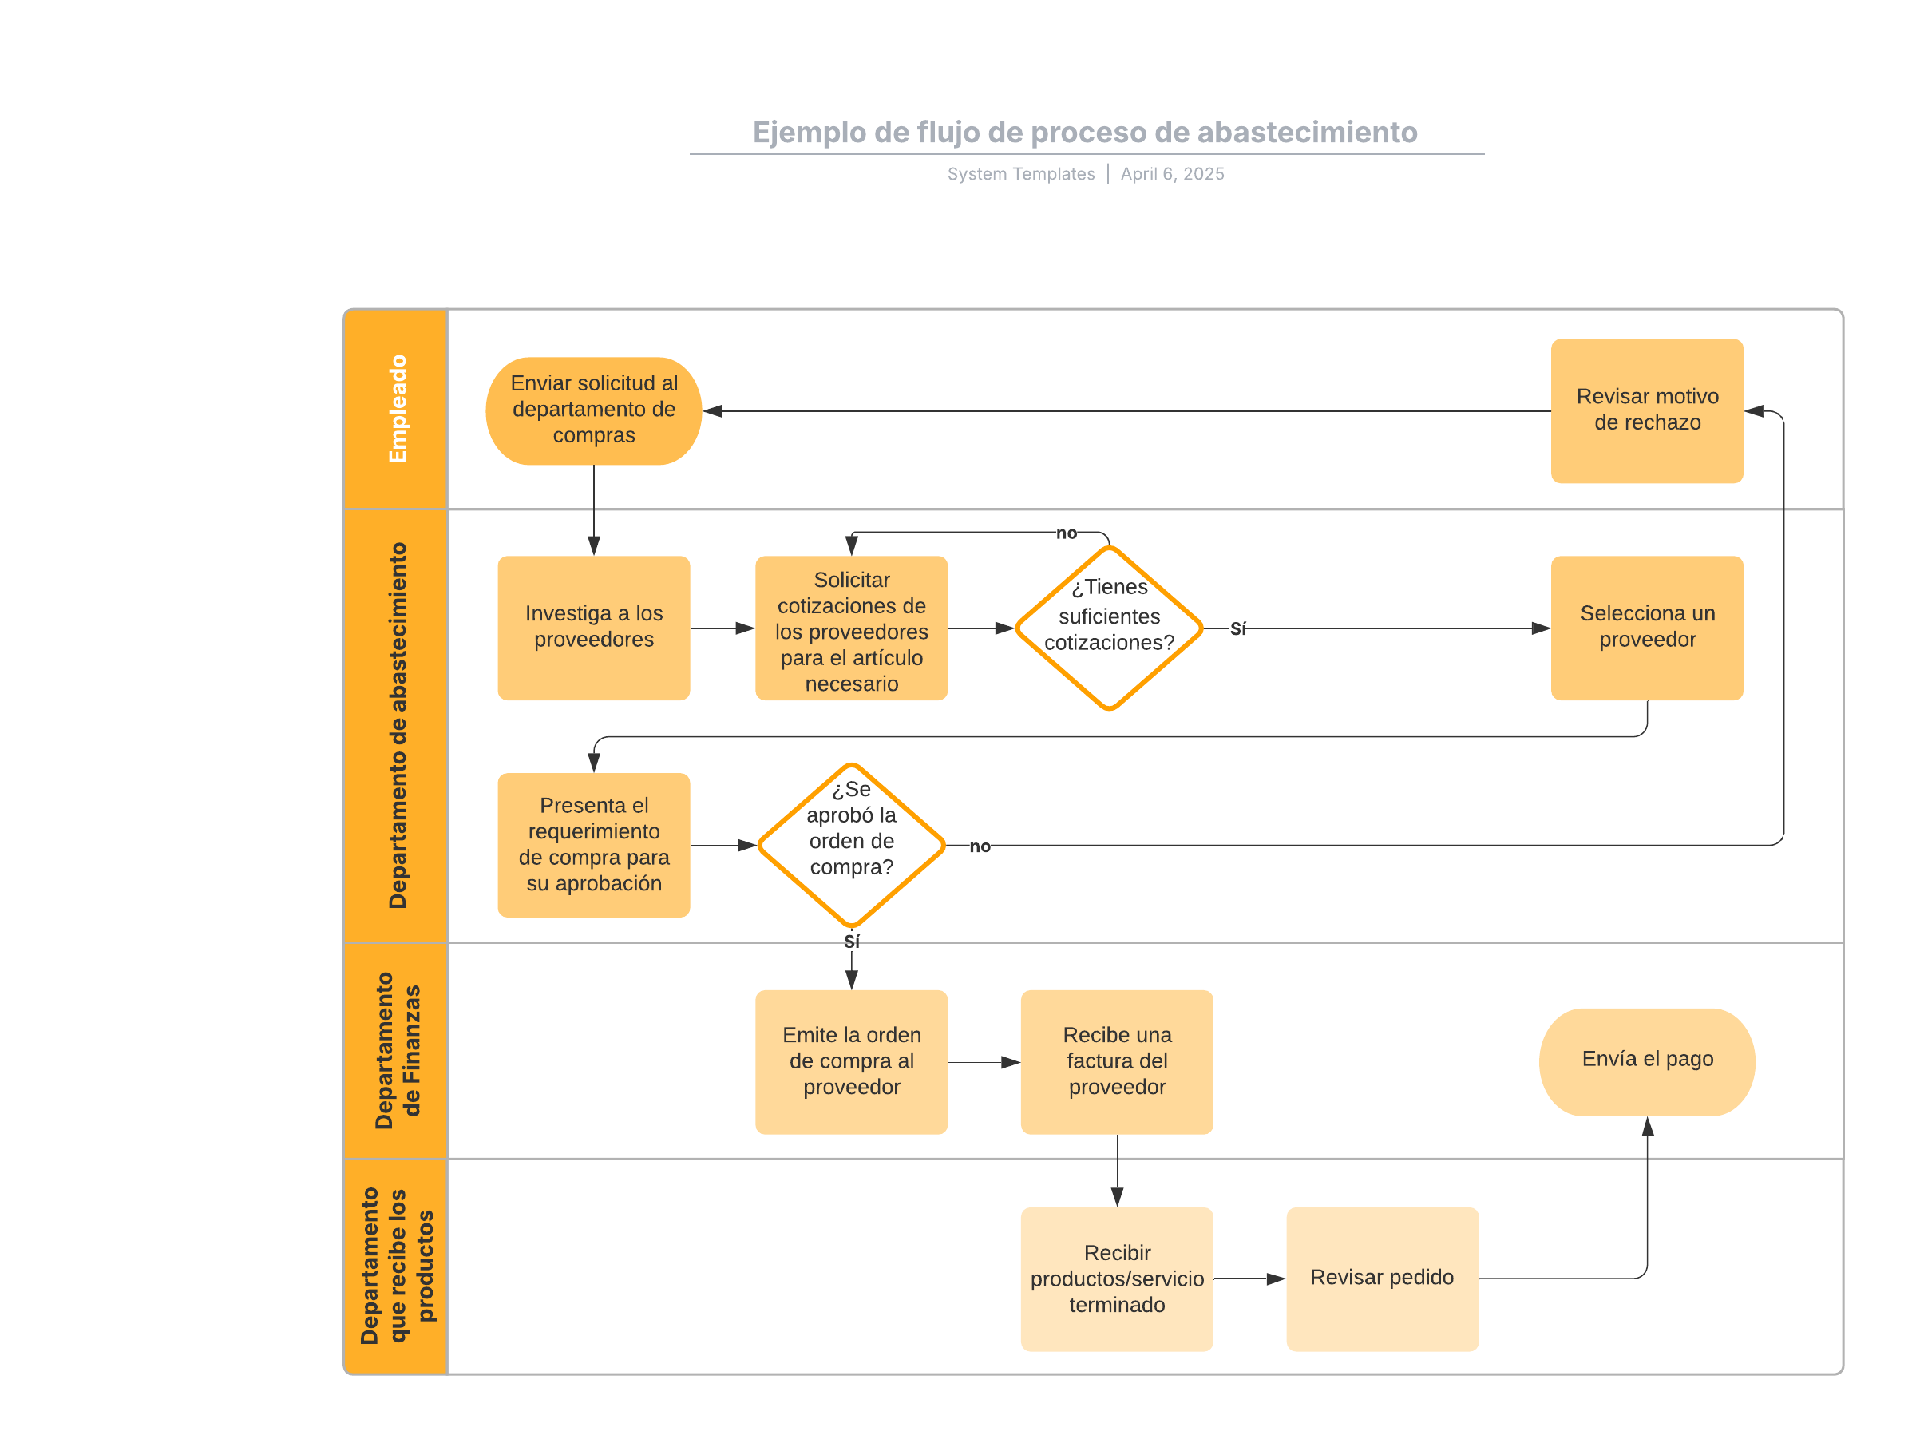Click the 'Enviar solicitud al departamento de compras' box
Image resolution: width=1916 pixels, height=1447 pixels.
[x=593, y=410]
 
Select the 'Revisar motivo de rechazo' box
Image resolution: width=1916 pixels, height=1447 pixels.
[x=1647, y=410]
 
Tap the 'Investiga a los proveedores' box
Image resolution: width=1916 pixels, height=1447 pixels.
[x=593, y=628]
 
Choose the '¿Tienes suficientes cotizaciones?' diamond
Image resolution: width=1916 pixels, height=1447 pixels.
[x=1109, y=628]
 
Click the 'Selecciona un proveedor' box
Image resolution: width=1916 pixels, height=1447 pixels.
[x=1647, y=628]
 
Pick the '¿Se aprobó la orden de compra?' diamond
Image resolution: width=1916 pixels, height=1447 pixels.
[x=852, y=845]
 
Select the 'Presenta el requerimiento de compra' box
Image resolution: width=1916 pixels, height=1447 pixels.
[x=593, y=845]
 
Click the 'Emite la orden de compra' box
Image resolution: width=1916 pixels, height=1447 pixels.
[x=852, y=1061]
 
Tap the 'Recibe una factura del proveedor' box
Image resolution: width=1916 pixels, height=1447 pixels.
[x=1117, y=1061]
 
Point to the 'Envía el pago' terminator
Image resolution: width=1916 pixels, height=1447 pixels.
[x=1647, y=1061]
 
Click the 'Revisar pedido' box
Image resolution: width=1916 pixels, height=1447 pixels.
[x=1383, y=1278]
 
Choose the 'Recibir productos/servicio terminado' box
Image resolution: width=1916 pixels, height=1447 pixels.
[x=1117, y=1278]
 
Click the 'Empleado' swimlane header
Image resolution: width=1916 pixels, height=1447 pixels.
[x=396, y=409]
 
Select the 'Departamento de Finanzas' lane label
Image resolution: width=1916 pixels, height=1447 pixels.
[x=398, y=1050]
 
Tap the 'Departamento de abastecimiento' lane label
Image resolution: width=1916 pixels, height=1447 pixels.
[x=398, y=725]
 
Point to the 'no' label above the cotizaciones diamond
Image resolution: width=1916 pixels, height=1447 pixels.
[x=1067, y=533]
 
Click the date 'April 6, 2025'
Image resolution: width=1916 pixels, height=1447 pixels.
[x=1172, y=174]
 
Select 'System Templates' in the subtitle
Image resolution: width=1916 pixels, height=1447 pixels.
[x=1020, y=174]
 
